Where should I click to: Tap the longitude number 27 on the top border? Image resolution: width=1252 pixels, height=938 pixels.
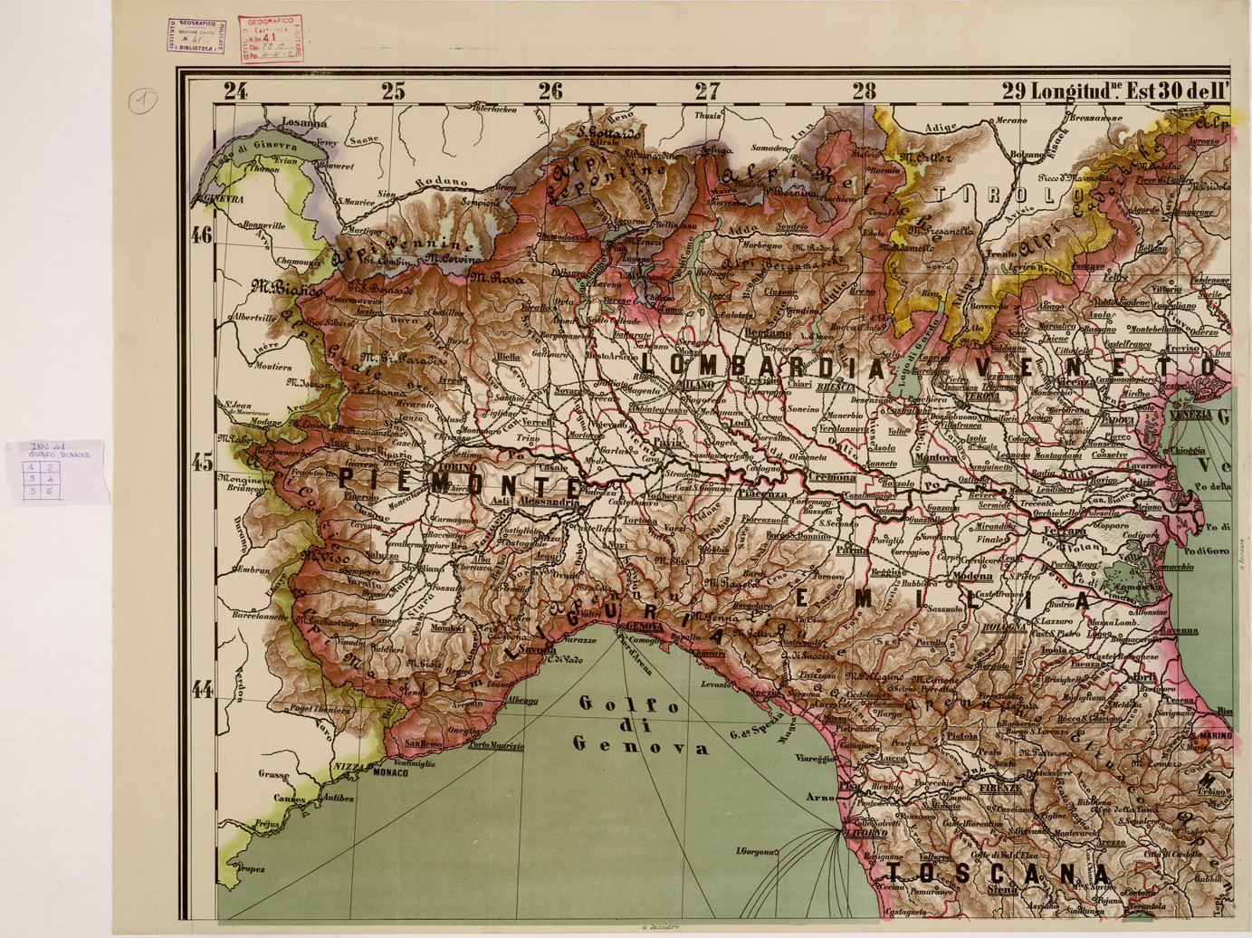(707, 91)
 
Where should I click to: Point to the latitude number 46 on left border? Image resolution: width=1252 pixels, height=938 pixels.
(201, 235)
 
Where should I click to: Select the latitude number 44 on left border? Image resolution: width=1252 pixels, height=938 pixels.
(201, 690)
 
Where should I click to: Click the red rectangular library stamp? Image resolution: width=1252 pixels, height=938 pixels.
(271, 40)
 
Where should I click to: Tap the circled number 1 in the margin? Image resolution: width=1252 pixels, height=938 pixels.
(141, 100)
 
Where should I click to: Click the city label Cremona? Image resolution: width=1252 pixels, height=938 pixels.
(832, 477)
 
